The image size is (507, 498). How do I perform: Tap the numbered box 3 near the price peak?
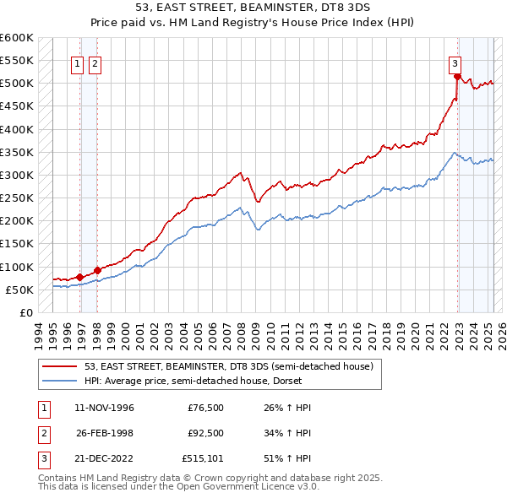tap(455, 62)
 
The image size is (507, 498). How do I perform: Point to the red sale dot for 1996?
tap(79, 277)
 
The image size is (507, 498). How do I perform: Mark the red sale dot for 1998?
tap(97, 270)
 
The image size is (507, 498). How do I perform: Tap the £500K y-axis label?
tap(17, 84)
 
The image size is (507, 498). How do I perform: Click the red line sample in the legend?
tap(58, 366)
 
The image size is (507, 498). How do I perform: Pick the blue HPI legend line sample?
tap(58, 381)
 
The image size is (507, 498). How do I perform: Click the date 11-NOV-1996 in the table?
tap(105, 408)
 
